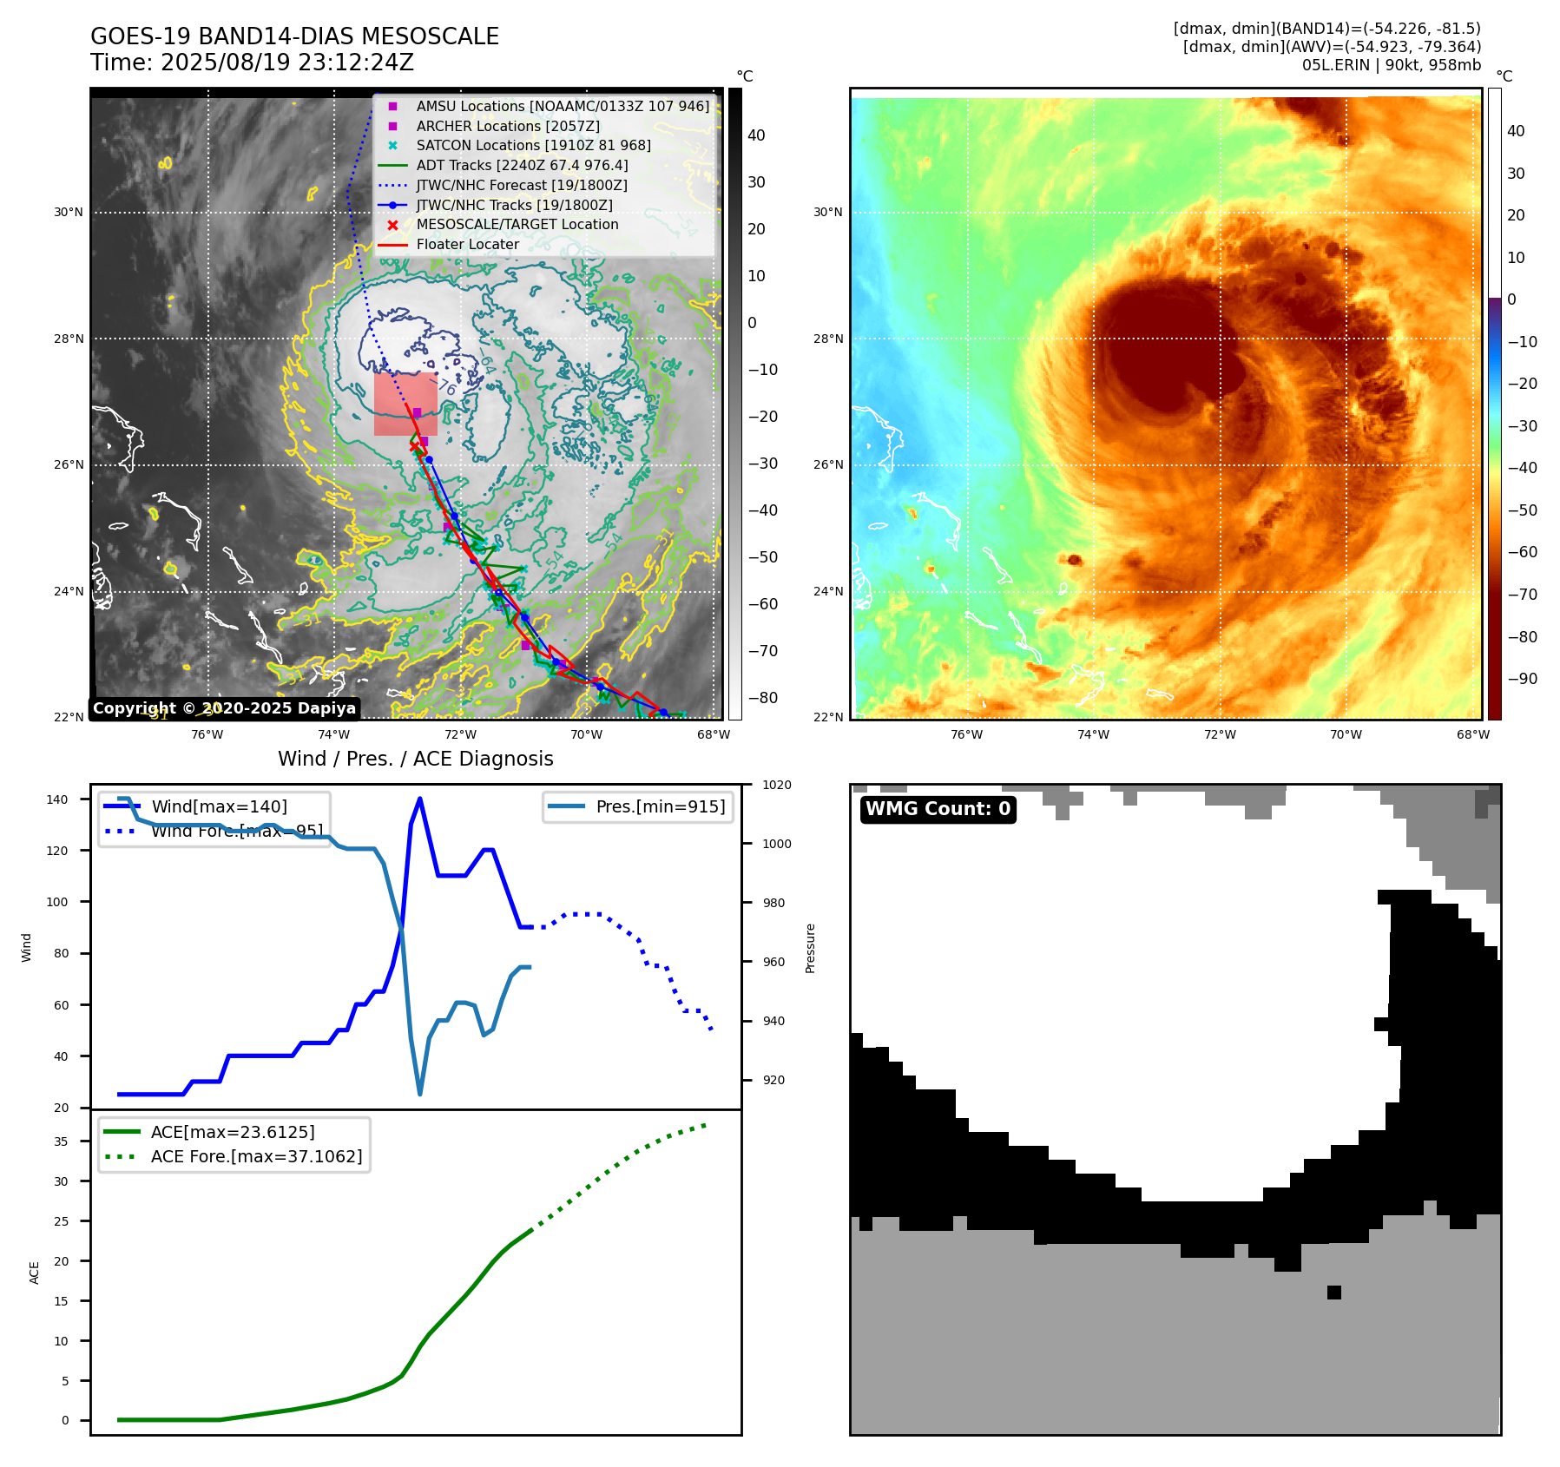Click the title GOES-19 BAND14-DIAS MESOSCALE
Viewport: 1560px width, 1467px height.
click(294, 36)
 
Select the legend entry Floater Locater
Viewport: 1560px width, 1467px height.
click(467, 244)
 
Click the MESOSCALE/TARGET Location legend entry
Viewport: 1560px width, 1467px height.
click(517, 224)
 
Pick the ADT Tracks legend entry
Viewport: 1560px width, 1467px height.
click(522, 165)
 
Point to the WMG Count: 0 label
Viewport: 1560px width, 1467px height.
click(938, 809)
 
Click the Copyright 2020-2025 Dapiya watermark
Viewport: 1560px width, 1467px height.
click(224, 708)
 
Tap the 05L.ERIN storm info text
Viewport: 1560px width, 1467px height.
click(1391, 65)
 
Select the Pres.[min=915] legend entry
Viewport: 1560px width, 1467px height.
click(660, 806)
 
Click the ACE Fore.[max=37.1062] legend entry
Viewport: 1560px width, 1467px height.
click(256, 1156)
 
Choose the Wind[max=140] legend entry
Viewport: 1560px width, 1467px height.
click(219, 806)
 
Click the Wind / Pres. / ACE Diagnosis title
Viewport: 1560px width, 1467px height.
click(415, 759)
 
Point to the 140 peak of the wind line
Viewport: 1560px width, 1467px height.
click(420, 799)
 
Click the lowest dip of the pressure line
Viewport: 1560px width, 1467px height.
click(420, 1093)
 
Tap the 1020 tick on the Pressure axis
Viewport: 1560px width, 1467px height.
click(776, 785)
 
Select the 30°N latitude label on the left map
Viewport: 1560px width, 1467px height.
click(69, 212)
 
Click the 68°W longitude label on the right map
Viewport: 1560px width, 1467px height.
click(1472, 734)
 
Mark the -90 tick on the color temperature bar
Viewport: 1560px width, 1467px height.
click(1522, 678)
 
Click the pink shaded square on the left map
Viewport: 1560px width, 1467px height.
click(405, 405)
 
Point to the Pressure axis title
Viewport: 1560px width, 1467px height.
click(810, 948)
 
